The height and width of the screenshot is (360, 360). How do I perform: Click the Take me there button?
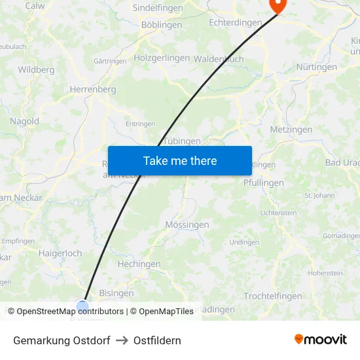point(180,160)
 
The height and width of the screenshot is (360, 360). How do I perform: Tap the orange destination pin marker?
point(278,5)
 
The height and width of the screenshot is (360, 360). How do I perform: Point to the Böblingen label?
point(162,25)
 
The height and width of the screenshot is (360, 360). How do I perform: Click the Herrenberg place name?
point(93,89)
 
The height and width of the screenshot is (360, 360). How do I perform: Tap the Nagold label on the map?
point(24,121)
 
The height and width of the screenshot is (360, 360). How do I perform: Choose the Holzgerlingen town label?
point(162,58)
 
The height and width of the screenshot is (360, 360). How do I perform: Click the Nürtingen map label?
point(317,67)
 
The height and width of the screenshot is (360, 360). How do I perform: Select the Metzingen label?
point(291,130)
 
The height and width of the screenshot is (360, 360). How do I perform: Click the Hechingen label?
point(139,264)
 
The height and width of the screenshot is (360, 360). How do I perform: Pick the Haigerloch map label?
point(60,253)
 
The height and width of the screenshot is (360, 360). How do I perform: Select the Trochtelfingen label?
point(273,296)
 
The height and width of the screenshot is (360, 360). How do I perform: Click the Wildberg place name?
point(36,69)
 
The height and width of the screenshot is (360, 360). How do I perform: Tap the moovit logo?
point(321,339)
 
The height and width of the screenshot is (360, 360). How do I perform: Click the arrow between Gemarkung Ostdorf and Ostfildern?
point(122,340)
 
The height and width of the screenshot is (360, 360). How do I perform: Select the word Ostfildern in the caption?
point(157,340)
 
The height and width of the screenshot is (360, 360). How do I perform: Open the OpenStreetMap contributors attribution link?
point(70,312)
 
